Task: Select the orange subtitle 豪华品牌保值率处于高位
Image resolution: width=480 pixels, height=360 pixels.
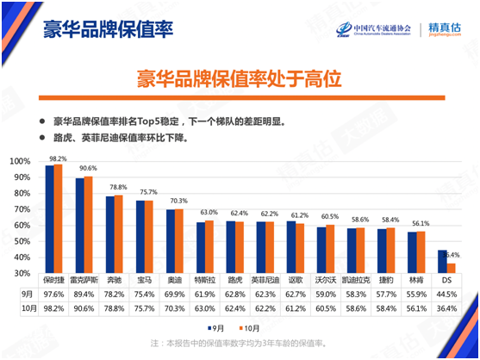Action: (240, 79)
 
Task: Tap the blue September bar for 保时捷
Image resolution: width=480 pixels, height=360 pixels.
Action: (50, 219)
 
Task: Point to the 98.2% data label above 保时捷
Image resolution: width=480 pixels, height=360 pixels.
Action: (57, 158)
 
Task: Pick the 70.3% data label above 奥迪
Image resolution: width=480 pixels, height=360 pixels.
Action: (178, 201)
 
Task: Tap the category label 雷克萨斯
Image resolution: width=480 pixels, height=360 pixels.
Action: (85, 281)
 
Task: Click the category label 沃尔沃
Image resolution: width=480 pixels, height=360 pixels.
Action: (326, 281)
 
